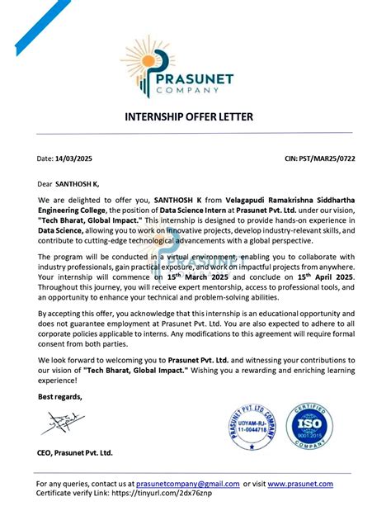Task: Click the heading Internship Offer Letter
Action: click(195, 116)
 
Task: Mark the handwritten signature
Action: click(62, 426)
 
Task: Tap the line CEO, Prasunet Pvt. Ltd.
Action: click(75, 453)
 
